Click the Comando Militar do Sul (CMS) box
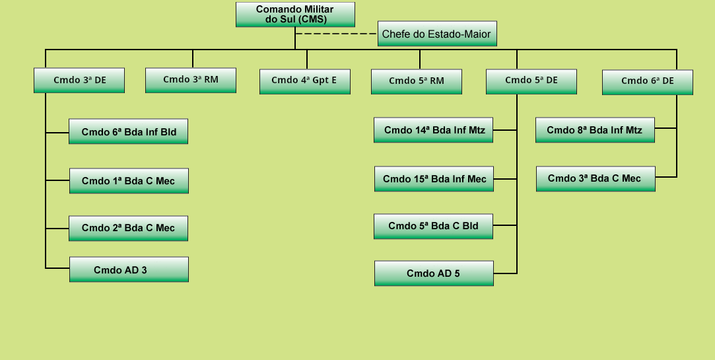[x=295, y=15]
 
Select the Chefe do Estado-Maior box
[x=437, y=34]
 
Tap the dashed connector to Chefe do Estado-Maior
[x=337, y=34]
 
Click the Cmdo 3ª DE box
[x=79, y=81]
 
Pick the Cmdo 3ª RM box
[x=191, y=81]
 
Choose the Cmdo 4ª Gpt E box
[x=304, y=82]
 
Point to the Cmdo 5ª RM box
[x=417, y=82]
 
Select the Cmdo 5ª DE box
[x=531, y=82]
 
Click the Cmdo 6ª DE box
[x=648, y=82]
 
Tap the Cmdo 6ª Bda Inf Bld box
[x=128, y=131]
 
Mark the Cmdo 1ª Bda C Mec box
[x=129, y=181]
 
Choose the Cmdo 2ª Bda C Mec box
[x=128, y=228]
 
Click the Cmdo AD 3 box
[x=129, y=270]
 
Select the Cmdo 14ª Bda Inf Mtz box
[x=433, y=130]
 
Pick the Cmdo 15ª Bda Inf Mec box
[x=434, y=179]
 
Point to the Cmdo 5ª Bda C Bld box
[x=433, y=227]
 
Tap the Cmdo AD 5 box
[x=434, y=273]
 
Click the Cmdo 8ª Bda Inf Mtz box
[x=595, y=130]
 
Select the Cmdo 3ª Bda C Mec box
[x=596, y=179]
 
